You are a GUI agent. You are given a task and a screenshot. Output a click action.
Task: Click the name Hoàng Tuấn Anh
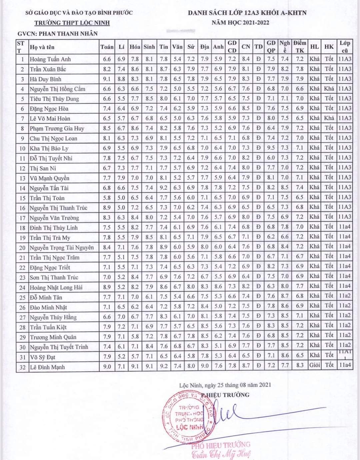click(50, 59)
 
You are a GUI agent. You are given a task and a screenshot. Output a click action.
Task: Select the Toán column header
click(107, 47)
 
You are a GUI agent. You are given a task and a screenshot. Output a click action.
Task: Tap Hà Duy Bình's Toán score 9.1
click(107, 79)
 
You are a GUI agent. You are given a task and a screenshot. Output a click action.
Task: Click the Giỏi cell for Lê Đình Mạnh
click(314, 365)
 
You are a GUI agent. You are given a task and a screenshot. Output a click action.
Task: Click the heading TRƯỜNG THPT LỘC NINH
click(72, 23)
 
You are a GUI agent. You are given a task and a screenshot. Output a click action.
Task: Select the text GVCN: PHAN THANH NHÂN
click(58, 34)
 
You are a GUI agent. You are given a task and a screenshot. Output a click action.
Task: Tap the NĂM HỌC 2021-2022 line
click(240, 23)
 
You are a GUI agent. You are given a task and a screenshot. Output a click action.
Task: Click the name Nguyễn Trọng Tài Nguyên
click(62, 248)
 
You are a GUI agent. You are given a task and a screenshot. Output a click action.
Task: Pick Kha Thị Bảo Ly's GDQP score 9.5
click(271, 148)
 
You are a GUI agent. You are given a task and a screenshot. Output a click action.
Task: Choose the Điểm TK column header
click(300, 47)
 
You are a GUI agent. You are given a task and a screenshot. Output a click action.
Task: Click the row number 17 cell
click(22, 218)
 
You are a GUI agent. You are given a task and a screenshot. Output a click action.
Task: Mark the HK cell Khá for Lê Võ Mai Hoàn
click(329, 118)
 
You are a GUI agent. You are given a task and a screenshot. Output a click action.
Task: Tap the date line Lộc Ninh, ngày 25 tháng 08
click(225, 385)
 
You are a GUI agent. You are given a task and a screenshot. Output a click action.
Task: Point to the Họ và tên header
click(42, 47)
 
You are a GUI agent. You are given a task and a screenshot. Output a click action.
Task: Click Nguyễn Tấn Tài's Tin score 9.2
click(164, 187)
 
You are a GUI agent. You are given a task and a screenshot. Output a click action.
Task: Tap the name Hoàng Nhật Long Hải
click(56, 287)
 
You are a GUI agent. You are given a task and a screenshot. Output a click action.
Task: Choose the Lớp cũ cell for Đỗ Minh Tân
click(345, 296)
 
